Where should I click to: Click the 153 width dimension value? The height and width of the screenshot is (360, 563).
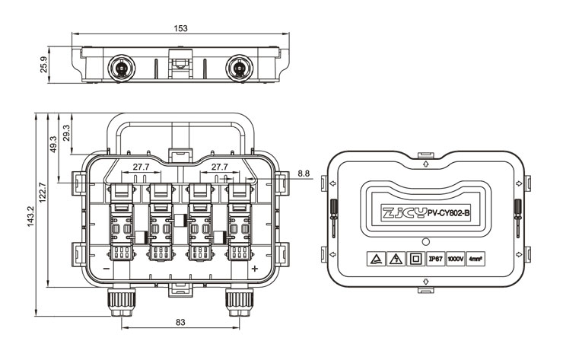point(180,28)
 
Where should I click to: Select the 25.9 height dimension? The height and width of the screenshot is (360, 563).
point(44,65)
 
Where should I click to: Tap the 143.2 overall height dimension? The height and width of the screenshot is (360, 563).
point(30,216)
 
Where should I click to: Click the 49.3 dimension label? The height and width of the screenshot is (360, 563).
point(53,144)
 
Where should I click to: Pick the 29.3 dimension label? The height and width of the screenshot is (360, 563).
point(66,132)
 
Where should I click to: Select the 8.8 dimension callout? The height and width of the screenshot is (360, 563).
point(304,174)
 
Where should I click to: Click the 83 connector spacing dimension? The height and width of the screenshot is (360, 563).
point(180,322)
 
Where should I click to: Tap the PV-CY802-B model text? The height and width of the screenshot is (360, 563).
point(448,213)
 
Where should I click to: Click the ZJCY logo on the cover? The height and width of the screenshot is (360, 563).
point(405,213)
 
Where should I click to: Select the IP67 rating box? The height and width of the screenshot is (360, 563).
point(435,259)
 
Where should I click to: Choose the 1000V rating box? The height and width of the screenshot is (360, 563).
point(456,259)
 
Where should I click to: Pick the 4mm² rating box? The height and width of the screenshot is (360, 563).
point(476,259)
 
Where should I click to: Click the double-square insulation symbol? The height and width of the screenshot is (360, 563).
point(416,259)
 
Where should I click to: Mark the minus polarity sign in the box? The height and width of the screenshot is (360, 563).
point(107,269)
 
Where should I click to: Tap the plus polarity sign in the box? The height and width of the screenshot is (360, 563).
point(255,269)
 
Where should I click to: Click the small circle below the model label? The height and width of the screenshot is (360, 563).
point(426,241)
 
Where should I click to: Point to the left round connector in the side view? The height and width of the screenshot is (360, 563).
point(122,68)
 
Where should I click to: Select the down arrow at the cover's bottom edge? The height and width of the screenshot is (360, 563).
point(426,281)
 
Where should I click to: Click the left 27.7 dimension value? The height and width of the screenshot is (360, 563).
point(141,167)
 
